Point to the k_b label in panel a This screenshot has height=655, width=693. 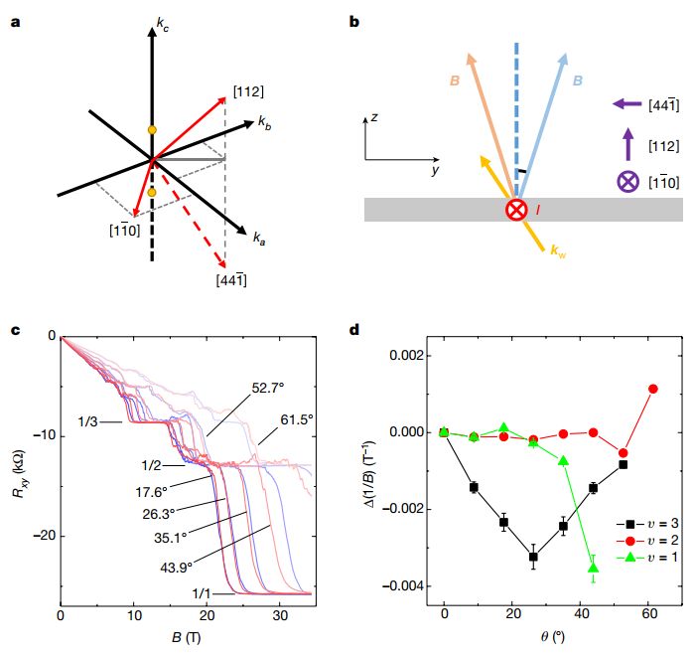point(265,122)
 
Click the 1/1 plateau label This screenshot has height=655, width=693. point(203,593)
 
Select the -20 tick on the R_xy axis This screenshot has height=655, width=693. point(41,537)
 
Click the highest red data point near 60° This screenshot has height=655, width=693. point(653,389)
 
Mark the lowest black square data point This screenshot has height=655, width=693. point(534,557)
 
